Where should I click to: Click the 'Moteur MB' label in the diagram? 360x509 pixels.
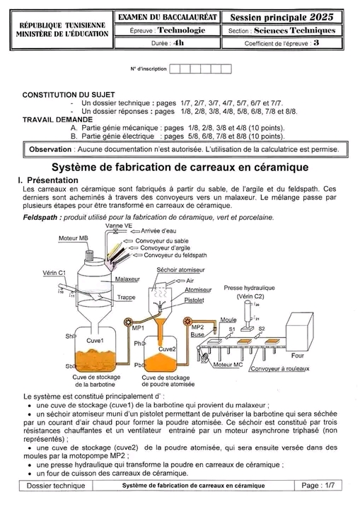[x=73, y=238]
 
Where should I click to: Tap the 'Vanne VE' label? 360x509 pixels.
[x=119, y=226]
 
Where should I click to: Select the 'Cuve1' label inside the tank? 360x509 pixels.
[x=95, y=341]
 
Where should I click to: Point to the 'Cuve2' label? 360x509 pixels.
[x=167, y=349]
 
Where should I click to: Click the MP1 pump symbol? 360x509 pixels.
[x=128, y=322]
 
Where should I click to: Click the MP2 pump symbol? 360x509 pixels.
[x=187, y=322]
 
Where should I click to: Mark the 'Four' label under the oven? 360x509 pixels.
[x=297, y=356]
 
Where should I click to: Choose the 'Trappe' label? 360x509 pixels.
[x=126, y=298]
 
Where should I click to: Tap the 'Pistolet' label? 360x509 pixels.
[x=194, y=300]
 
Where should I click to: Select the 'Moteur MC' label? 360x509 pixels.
[x=228, y=365]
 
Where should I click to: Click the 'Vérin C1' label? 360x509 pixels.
[x=54, y=273]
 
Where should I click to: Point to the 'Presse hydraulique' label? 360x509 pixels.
[x=249, y=288]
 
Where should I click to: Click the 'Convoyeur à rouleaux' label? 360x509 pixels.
[x=280, y=369]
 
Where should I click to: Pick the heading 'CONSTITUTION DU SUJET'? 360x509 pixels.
[x=69, y=95]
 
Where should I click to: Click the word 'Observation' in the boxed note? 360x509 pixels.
[x=50, y=150]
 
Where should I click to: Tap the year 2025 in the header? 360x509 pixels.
[x=321, y=17]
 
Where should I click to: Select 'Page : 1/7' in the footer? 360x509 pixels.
[x=318, y=486]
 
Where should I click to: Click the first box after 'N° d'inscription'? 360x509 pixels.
[x=175, y=69]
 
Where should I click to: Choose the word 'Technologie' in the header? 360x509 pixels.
[x=181, y=30]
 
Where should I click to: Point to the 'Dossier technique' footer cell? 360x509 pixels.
[x=56, y=486]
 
